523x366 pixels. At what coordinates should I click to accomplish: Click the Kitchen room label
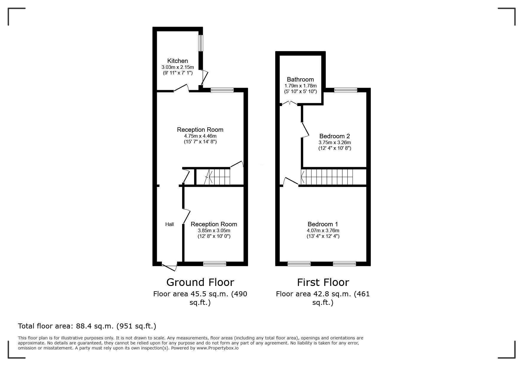click(x=177, y=61)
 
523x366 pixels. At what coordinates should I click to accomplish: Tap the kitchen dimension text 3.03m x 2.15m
click(x=177, y=67)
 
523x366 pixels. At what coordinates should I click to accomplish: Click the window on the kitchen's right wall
click(x=201, y=43)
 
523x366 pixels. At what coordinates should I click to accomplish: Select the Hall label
click(x=170, y=224)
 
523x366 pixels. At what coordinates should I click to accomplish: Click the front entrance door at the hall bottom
click(x=170, y=266)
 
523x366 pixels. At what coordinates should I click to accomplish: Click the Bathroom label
click(x=300, y=79)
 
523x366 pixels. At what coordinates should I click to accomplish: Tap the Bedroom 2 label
click(x=335, y=136)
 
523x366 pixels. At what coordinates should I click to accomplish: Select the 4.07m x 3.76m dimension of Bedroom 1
click(x=323, y=230)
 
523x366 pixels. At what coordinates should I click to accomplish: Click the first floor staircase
click(x=327, y=177)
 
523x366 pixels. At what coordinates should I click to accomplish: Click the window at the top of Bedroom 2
click(x=346, y=90)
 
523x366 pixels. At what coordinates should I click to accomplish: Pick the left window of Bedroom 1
click(x=299, y=263)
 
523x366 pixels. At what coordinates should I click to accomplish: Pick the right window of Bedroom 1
click(x=344, y=263)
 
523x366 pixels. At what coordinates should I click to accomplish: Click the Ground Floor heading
click(x=200, y=282)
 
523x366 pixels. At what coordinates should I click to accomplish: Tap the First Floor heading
click(x=323, y=282)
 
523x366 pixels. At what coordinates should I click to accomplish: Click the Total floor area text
click(x=87, y=326)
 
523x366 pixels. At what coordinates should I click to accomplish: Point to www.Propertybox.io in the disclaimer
click(x=218, y=348)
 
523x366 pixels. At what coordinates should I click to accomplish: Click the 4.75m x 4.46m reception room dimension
click(x=200, y=136)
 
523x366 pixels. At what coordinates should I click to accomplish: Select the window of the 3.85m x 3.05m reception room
click(x=215, y=263)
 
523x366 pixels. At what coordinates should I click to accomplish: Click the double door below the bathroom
click(x=289, y=104)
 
